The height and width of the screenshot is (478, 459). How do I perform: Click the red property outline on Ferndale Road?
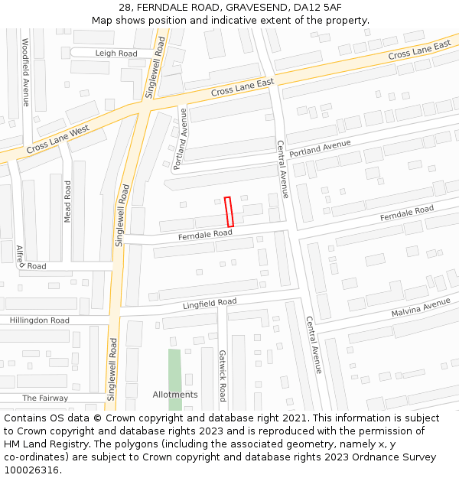pyautogui.click(x=229, y=212)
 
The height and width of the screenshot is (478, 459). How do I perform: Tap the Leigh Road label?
pyautogui.click(x=116, y=54)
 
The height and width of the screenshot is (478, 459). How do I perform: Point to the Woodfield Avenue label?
pyautogui.click(x=25, y=72)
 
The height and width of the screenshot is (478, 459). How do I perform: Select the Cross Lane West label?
pyautogui.click(x=57, y=138)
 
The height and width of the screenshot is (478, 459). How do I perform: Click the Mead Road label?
pyautogui.click(x=67, y=201)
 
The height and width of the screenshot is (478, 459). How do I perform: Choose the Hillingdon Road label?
pyautogui.click(x=39, y=320)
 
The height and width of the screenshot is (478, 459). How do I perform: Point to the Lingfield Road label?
pyautogui.click(x=210, y=304)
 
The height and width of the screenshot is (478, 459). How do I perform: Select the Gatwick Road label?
pyautogui.click(x=223, y=376)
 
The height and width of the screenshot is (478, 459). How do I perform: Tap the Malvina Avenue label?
pyautogui.click(x=422, y=308)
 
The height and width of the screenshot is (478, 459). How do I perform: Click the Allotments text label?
pyautogui.click(x=175, y=395)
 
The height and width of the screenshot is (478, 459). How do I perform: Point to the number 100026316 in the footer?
pyautogui.click(x=30, y=470)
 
